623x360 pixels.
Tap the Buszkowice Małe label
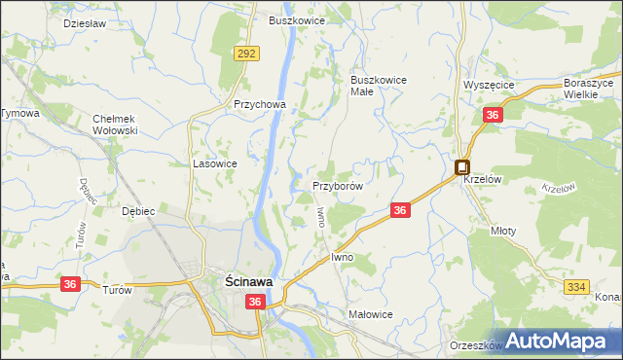pos(378,86)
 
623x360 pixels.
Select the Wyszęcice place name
pos(489,85)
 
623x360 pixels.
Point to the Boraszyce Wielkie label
pos(592,90)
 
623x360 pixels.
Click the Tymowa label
pos(18,113)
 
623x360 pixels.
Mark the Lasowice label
pos(215,164)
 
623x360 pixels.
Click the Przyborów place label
pos(338,185)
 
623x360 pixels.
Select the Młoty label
pos(504,232)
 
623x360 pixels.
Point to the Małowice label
pos(370,314)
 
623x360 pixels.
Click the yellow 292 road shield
pos(245,54)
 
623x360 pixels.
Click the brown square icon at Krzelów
pos(462,166)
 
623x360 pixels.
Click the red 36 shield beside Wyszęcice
pos(493,116)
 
